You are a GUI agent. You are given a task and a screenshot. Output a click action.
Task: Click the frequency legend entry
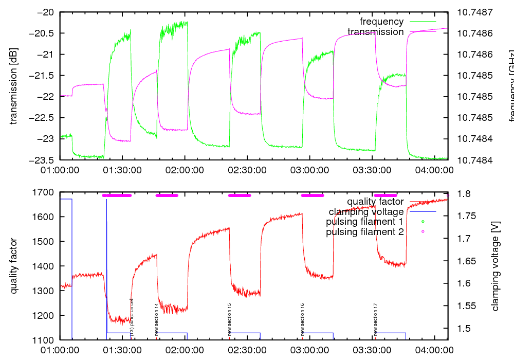pos(381,22)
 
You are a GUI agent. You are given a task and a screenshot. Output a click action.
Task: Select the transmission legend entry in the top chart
pos(376,32)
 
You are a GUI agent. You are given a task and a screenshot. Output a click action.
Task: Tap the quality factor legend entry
pos(375,202)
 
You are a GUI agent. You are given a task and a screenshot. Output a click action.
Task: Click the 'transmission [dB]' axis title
pos(13,86)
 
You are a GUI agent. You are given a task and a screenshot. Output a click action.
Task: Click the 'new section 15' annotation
pos(229,319)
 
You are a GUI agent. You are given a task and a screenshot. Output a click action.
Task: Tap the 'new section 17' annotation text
pos(376,319)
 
